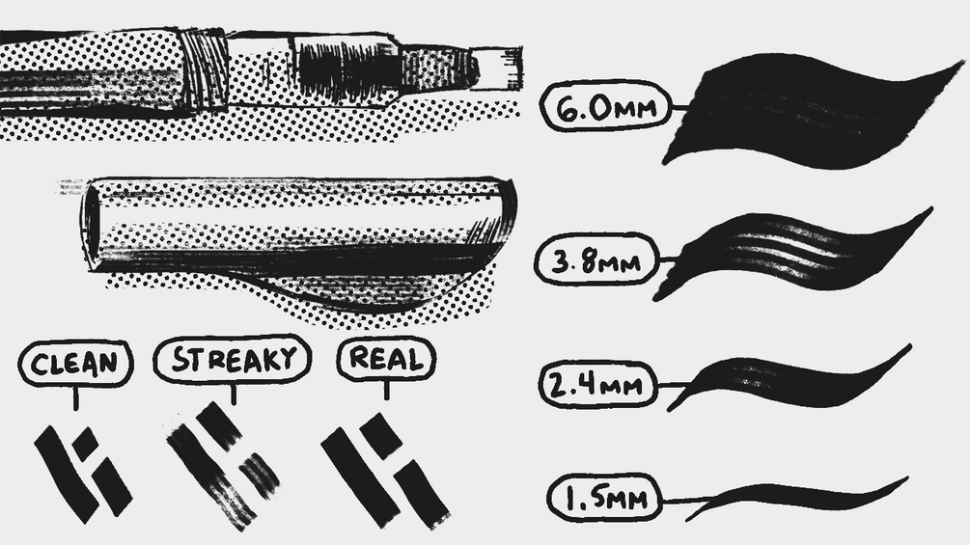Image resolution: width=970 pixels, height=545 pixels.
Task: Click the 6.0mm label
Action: (x=605, y=106)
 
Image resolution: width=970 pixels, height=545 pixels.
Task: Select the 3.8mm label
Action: (x=596, y=259)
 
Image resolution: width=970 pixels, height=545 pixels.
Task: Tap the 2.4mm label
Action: (x=597, y=384)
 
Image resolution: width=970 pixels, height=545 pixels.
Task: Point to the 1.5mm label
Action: (x=605, y=498)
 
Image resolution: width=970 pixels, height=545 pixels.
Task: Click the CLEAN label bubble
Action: (x=75, y=364)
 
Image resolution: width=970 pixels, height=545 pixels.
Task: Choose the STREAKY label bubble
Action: (x=232, y=360)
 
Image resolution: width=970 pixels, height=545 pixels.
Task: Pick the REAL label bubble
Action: (x=387, y=359)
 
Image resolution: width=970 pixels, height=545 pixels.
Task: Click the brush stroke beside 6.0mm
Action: (x=811, y=111)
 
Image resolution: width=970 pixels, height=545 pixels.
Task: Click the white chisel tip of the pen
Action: (x=499, y=68)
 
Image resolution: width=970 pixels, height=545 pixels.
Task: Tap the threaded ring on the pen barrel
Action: (x=206, y=69)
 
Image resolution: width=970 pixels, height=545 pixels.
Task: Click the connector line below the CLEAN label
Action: (x=75, y=399)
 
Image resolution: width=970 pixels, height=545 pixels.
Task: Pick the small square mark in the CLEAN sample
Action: (x=85, y=441)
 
